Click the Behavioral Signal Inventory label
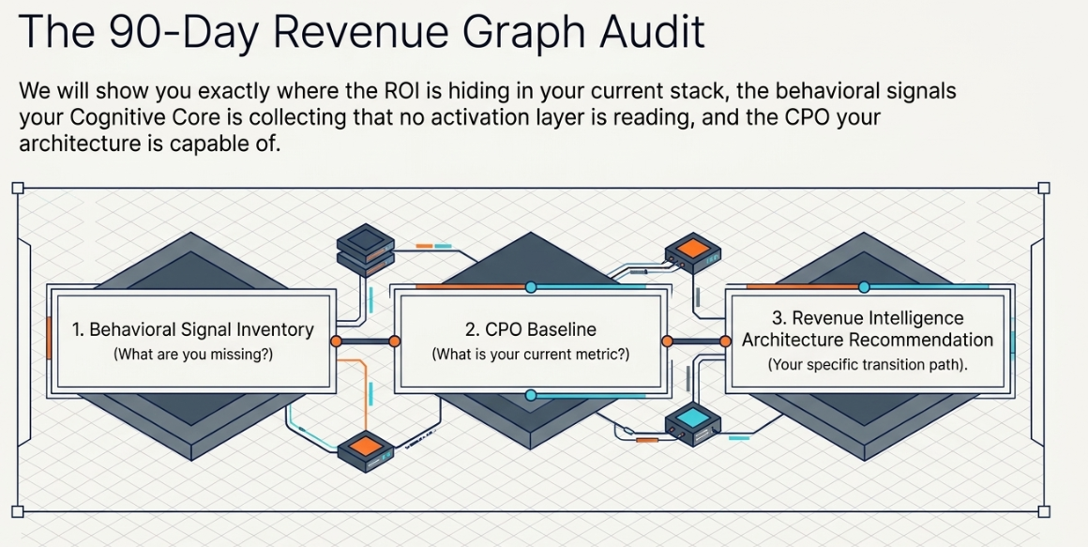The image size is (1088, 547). point(193,329)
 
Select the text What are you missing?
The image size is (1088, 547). point(193,355)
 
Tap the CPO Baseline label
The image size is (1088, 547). point(530,329)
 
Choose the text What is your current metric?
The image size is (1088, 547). point(530,355)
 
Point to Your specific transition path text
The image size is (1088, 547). point(868,365)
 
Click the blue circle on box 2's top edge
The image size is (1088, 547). point(531,287)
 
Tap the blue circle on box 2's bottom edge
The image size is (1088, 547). point(531,395)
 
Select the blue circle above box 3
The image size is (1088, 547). point(864,287)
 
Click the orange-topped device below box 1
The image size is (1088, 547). point(366,451)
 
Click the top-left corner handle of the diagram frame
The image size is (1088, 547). point(17,188)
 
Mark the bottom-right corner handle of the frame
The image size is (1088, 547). point(1043,511)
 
